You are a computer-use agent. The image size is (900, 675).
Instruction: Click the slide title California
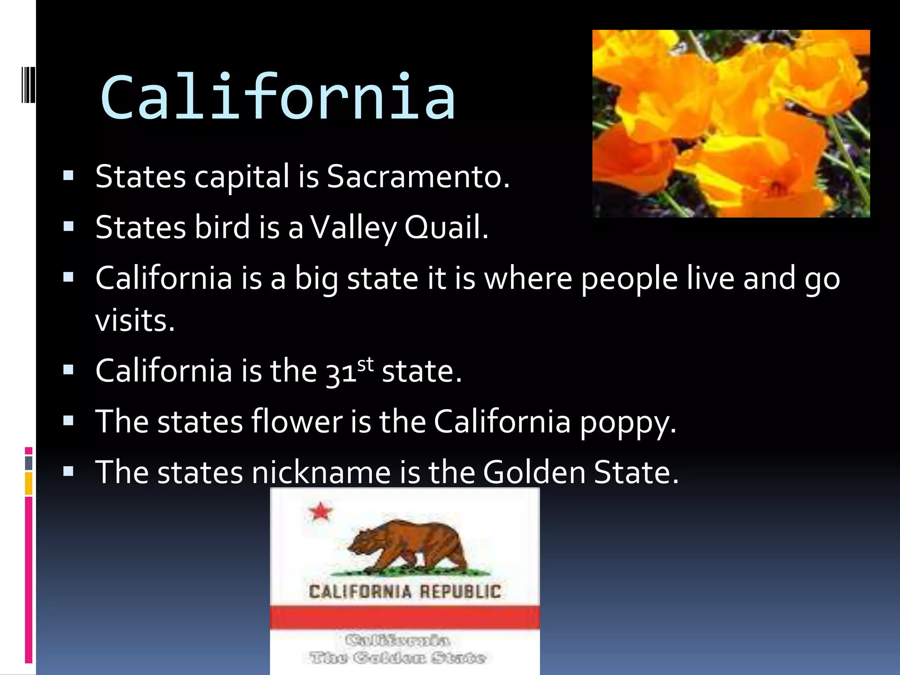278,98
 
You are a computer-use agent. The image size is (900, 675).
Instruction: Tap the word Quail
446,228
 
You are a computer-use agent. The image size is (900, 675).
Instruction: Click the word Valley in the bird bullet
353,228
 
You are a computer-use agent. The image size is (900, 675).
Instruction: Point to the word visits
134,320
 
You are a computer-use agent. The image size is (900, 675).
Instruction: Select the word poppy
627,422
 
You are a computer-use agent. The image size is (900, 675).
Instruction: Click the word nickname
321,472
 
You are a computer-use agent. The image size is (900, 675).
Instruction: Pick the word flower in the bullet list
297,422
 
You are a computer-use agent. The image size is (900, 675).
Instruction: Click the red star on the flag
320,512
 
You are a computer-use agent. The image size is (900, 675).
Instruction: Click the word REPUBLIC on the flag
460,592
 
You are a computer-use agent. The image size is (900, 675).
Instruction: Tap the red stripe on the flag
404,617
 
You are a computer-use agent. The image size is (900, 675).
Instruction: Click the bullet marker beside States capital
68,176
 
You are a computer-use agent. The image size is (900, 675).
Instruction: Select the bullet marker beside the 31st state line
68,370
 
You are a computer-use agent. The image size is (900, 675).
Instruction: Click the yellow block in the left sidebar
29,483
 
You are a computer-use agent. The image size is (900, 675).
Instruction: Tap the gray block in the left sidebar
29,463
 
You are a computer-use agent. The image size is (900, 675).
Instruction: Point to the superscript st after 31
365,364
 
